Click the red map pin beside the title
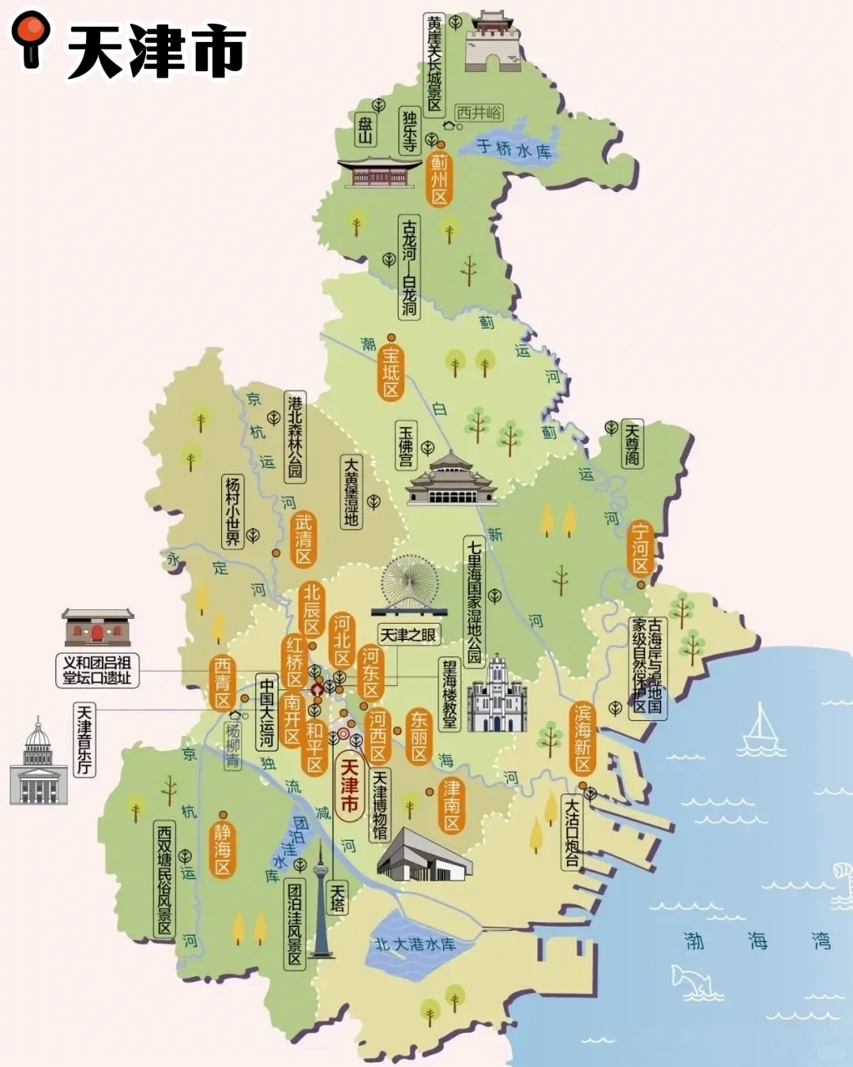coord(31,37)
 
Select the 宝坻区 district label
coord(391,372)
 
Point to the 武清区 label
coord(303,540)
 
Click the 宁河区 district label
coord(641,548)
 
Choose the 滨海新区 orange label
coord(583,739)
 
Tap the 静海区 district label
coord(223,850)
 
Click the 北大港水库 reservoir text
coord(415,944)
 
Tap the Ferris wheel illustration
coord(409,585)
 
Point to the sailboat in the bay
coord(761,731)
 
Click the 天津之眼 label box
coord(408,635)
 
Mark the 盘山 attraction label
coord(365,130)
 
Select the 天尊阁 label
coord(632,444)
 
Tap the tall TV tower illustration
coord(321,901)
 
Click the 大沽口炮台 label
coord(571,831)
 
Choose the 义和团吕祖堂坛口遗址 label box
coord(98,670)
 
